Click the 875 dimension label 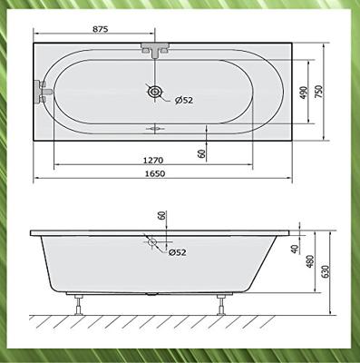point(100,28)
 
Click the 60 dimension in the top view point(200,153)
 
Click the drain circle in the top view point(156,91)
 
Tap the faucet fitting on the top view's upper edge point(155,48)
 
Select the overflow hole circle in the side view point(151,242)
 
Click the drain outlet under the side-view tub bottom point(151,296)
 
